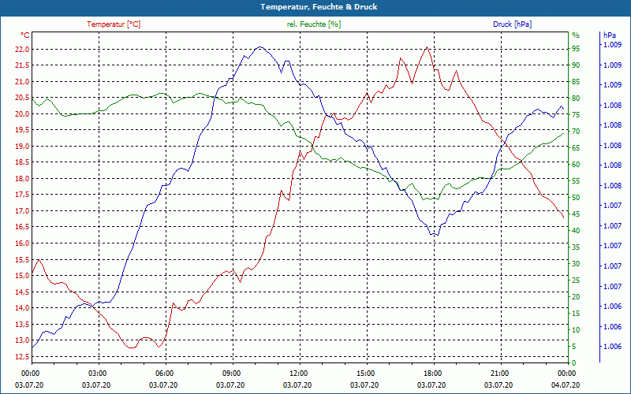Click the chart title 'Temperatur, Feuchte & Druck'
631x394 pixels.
pyautogui.click(x=315, y=6)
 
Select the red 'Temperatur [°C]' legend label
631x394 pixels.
pyautogui.click(x=114, y=24)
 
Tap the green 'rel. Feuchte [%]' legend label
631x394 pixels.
pyautogui.click(x=314, y=24)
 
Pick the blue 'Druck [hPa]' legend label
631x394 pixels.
pyautogui.click(x=512, y=24)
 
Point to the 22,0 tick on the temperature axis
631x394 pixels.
pyautogui.click(x=22, y=49)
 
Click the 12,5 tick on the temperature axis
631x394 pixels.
pyautogui.click(x=22, y=357)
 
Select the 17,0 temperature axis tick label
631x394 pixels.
pyautogui.click(x=22, y=211)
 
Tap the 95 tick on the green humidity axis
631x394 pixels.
pyautogui.click(x=576, y=48)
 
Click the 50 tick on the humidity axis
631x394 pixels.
pyautogui.click(x=576, y=197)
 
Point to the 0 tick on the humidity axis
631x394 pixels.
pyautogui.click(x=573, y=362)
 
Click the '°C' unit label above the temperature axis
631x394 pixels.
pyautogui.click(x=24, y=35)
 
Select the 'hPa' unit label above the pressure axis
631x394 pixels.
pyautogui.click(x=610, y=35)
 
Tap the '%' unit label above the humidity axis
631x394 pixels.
pyautogui.click(x=575, y=35)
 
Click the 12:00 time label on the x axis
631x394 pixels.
pyautogui.click(x=299, y=373)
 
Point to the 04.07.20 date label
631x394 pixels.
pyautogui.click(x=566, y=385)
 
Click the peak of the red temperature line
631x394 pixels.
pyautogui.click(x=427, y=46)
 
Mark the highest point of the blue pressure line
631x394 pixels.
pyautogui.click(x=259, y=47)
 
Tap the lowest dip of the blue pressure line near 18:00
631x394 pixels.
pyautogui.click(x=433, y=236)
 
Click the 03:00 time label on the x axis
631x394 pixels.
pyautogui.click(x=98, y=373)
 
